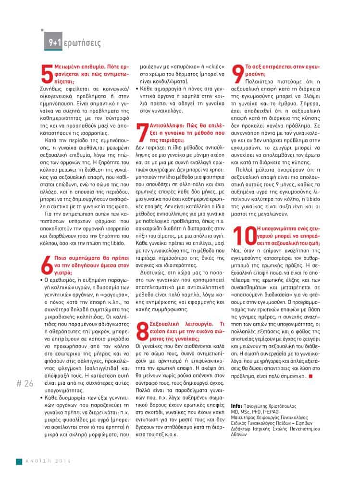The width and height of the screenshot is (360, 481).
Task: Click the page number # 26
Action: pos(25,383)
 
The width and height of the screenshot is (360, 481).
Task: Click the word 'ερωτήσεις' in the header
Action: pos(83,43)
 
